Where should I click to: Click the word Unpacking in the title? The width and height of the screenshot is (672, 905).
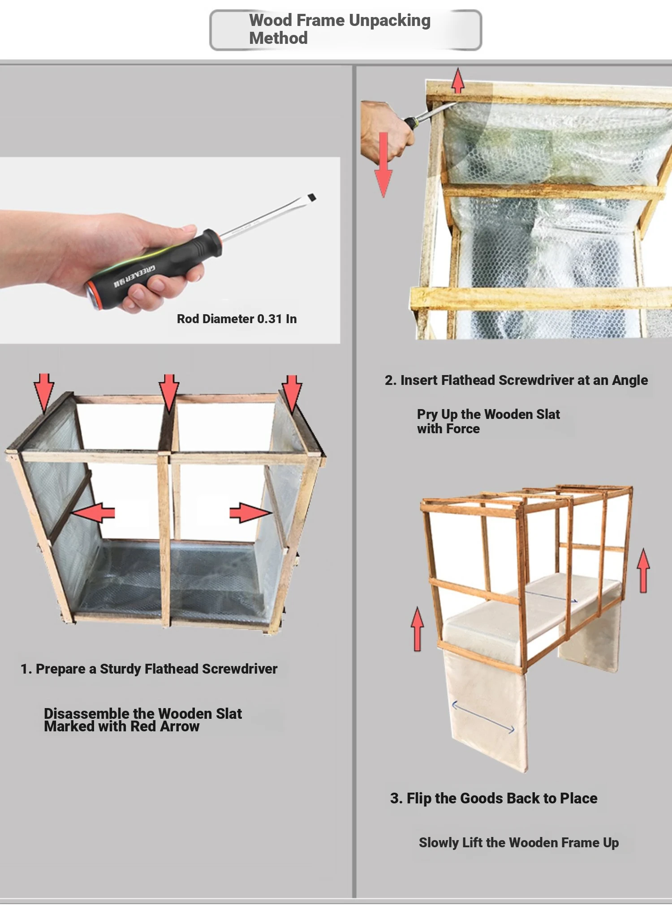[389, 21]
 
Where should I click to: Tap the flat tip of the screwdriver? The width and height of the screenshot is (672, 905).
[311, 197]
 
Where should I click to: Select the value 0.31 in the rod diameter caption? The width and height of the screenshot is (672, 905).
[269, 319]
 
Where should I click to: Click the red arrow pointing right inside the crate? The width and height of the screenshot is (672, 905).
[250, 512]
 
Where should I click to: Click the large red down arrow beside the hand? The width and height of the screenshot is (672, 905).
[383, 165]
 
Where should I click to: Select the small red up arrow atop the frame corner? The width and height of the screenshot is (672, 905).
[457, 81]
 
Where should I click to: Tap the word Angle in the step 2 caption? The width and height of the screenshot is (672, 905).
[630, 380]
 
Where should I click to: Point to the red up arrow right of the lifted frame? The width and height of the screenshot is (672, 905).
[644, 571]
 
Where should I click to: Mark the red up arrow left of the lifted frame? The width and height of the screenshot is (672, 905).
[418, 629]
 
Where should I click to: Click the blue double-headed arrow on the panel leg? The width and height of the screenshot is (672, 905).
[483, 717]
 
